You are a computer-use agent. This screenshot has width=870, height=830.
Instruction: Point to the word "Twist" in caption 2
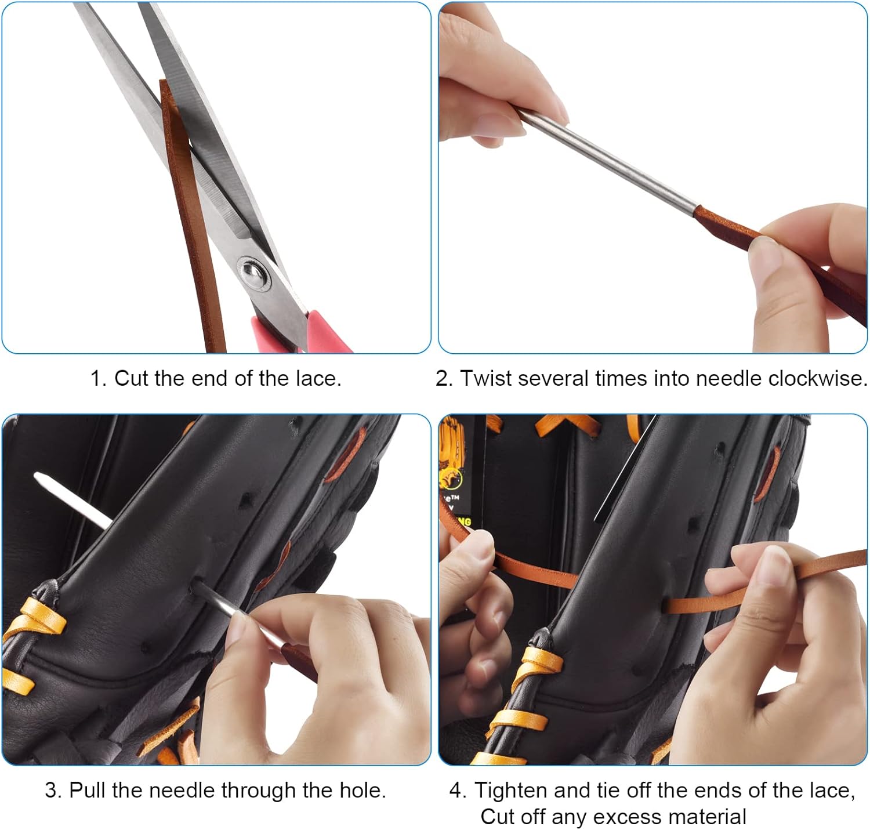487,379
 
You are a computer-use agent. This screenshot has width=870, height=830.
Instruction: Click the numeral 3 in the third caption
51,790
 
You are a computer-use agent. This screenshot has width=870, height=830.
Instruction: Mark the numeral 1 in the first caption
96,379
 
